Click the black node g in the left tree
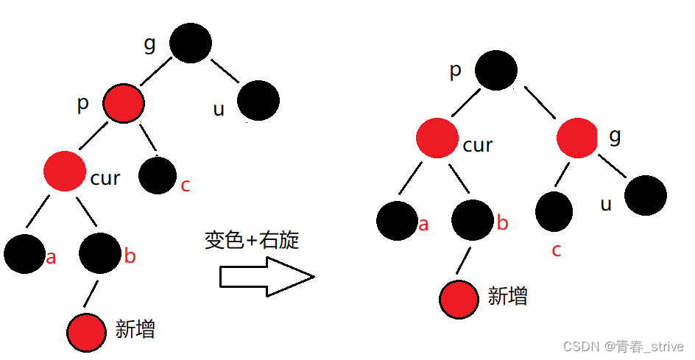[191, 42]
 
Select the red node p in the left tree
[123, 103]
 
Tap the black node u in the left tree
[258, 101]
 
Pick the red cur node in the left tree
[65, 171]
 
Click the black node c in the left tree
[157, 174]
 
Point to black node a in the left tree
[25, 253]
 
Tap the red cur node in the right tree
[437, 138]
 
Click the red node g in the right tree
[577, 138]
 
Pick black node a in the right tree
[398, 221]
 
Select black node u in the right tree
[646, 195]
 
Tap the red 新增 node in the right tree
[461, 299]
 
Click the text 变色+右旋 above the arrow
[253, 240]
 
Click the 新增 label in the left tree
[135, 328]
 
